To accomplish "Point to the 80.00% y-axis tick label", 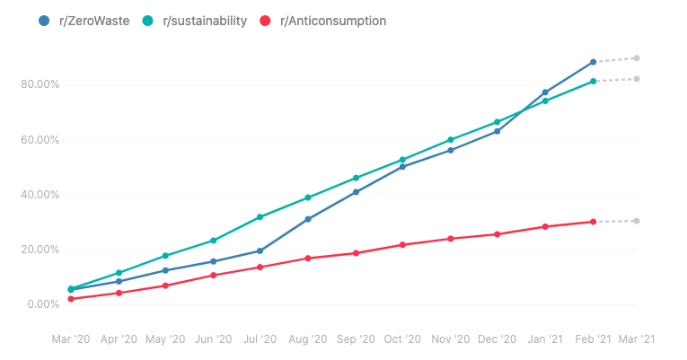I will point(40,84).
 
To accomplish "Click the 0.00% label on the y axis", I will point(43,304).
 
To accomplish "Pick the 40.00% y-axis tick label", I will point(40,195).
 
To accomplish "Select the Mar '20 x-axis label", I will point(70,339).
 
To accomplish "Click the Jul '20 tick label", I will point(260,339).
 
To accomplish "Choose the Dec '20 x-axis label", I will point(497,339).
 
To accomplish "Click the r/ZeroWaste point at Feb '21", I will point(594,62).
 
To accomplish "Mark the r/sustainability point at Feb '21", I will point(594,82).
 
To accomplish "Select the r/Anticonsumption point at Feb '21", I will point(594,222).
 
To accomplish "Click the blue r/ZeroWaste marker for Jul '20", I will point(260,250).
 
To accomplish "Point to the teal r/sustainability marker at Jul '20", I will point(260,217).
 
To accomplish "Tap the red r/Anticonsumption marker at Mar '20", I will point(70,299).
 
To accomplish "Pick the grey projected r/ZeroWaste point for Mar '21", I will point(637,58).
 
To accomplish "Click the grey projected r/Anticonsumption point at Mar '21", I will point(637,221).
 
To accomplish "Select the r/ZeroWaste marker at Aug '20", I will point(308,219).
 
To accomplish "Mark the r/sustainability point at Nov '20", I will point(450,140).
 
